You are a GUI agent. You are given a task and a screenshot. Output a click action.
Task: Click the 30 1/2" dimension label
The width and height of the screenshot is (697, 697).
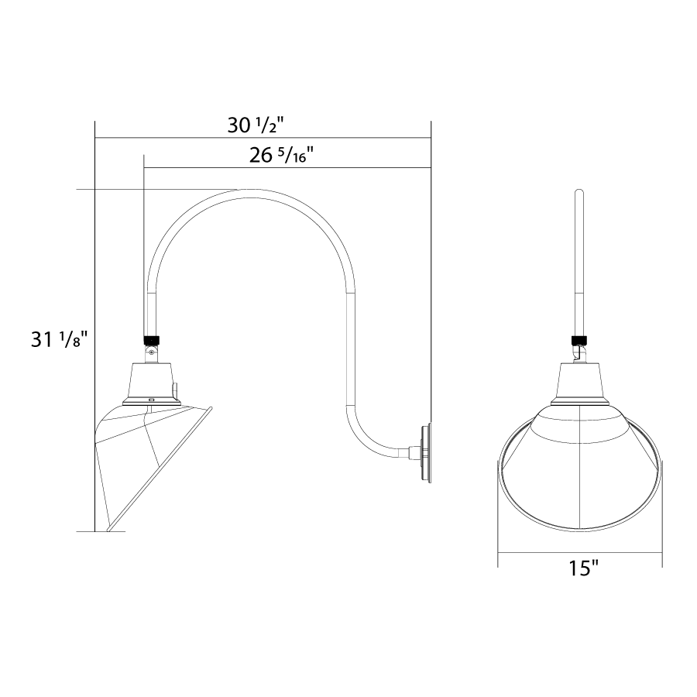point(255,125)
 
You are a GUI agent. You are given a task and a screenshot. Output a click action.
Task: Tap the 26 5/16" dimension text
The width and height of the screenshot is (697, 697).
point(281,156)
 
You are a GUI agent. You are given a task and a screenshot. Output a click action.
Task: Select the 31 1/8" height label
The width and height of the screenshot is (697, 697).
point(57,341)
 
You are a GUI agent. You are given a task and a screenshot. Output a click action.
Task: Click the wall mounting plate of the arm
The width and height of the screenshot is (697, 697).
point(426,453)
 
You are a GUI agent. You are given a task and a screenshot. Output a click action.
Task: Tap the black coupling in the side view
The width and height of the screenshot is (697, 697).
point(152,340)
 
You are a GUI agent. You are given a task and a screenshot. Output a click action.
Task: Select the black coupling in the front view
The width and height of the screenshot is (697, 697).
point(579,341)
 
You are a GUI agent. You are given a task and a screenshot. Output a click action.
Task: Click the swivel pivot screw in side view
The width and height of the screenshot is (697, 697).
point(152,352)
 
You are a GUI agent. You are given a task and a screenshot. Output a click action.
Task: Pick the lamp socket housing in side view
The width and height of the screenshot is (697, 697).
point(152,384)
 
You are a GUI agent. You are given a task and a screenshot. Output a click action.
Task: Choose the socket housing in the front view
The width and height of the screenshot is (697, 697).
point(579,384)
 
